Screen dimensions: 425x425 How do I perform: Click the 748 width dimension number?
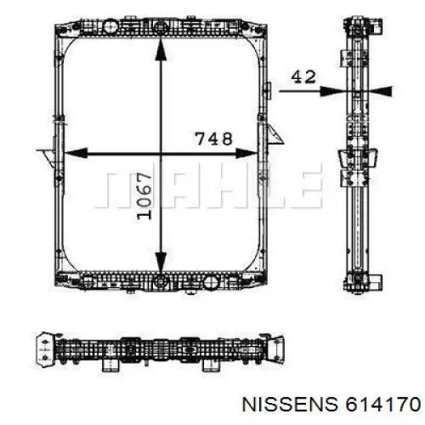pyautogui.click(x=214, y=139)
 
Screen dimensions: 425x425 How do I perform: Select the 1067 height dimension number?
pyautogui.click(x=144, y=196)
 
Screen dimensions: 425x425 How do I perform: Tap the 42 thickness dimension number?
pyautogui.click(x=303, y=77)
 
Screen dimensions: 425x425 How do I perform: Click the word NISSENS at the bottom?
pyautogui.click(x=290, y=404)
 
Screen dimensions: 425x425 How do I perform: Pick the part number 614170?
pyautogui.click(x=382, y=404)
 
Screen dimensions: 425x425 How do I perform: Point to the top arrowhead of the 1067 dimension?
pyautogui.click(x=161, y=49)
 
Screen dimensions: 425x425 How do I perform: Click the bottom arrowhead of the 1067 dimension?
pyautogui.click(x=161, y=262)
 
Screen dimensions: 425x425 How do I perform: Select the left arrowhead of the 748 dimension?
pyautogui.click(x=76, y=153)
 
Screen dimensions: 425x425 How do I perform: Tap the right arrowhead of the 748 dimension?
pyautogui.click(x=246, y=153)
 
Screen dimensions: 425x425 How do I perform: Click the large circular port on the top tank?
pyautogui.click(x=110, y=26)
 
